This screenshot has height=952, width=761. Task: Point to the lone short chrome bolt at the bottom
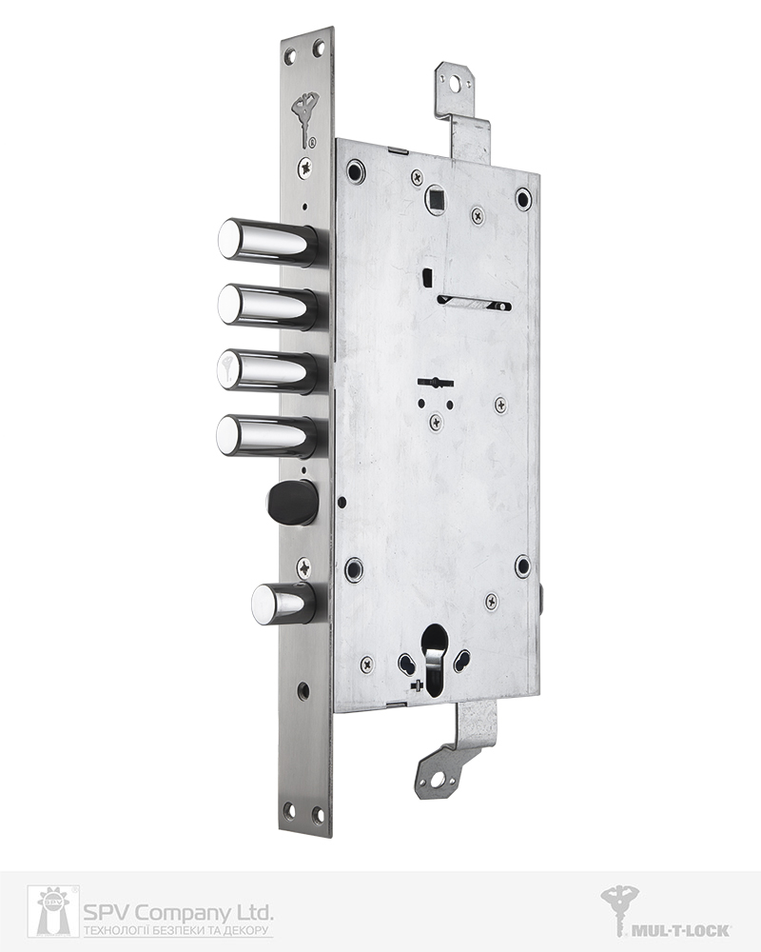click(283, 603)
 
